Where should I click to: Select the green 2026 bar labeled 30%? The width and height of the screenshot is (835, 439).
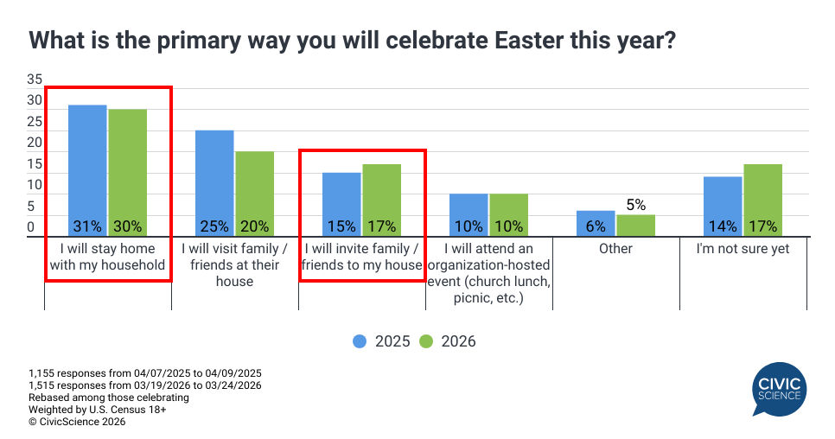pos(127,172)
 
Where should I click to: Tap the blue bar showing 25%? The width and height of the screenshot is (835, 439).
pos(214,182)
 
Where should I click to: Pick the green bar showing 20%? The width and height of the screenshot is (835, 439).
pos(254,193)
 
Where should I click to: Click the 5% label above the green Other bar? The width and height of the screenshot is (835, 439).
pos(636,205)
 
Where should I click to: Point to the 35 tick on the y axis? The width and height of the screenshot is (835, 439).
pos(35,79)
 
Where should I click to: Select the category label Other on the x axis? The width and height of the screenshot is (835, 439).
pos(615,249)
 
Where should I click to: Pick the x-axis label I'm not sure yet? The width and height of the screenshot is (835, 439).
pos(743,249)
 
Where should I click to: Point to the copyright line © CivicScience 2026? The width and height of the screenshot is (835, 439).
pos(77,422)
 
